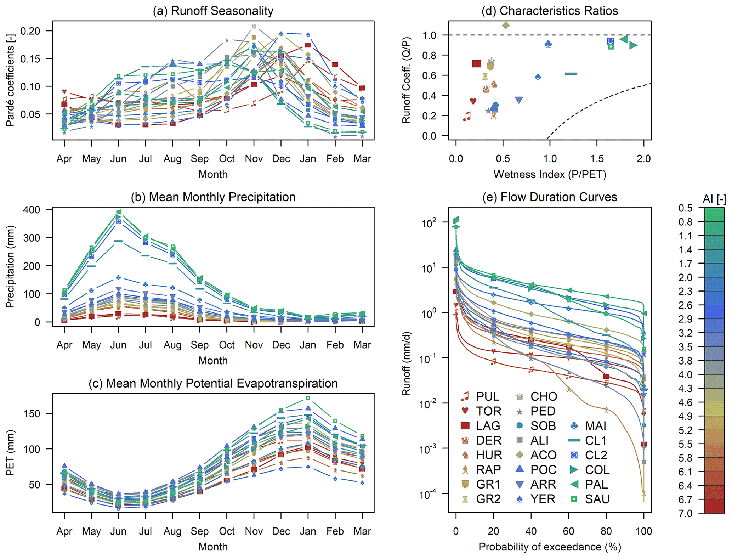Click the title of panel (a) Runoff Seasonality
coord(213,11)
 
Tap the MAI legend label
coord(595,426)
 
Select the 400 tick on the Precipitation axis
coord(32,210)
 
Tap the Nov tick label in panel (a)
coord(254,159)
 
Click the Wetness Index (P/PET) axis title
coord(550,174)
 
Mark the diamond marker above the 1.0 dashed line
coord(506,25)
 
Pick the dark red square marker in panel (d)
coord(476,64)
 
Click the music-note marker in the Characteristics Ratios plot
coord(467,116)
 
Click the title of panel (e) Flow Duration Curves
coord(550,197)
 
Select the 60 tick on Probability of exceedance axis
coord(568,531)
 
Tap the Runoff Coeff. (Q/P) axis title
coord(406,80)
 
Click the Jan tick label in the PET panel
coord(308,531)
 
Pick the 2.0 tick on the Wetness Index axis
coord(643,159)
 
